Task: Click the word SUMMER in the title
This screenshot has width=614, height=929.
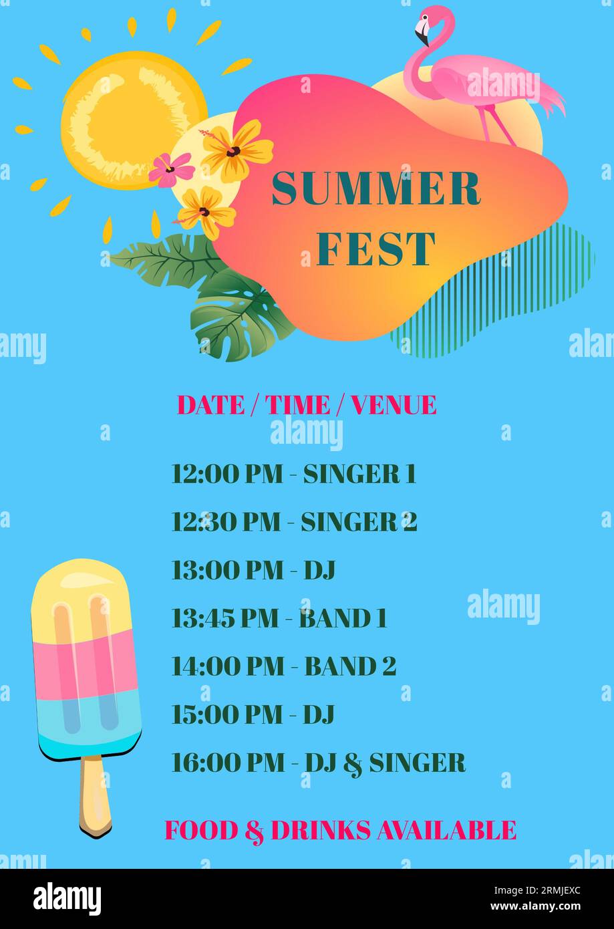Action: click(x=375, y=188)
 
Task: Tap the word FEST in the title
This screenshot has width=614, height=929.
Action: click(x=375, y=249)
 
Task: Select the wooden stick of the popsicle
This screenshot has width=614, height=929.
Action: click(x=96, y=795)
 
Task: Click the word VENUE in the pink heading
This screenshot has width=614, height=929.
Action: click(x=394, y=405)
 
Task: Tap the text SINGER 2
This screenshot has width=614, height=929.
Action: click(x=359, y=522)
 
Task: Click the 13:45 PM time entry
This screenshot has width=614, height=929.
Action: click(x=224, y=618)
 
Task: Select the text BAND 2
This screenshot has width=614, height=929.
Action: click(x=350, y=666)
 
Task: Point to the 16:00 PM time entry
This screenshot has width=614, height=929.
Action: click(x=228, y=763)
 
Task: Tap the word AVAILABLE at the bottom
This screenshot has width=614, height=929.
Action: click(x=446, y=831)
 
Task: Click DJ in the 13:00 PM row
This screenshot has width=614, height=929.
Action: click(x=319, y=570)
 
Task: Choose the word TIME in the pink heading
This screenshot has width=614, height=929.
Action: click(x=298, y=405)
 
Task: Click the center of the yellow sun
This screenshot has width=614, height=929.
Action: click(x=134, y=120)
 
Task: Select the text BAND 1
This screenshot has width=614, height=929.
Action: click(x=343, y=618)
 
